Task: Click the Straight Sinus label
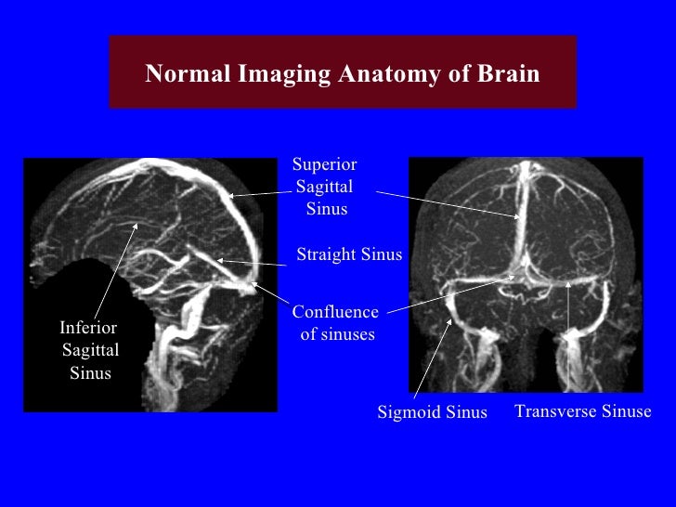point(349,255)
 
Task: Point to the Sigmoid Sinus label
point(432,413)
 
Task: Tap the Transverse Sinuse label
point(583,411)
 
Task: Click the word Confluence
point(335,313)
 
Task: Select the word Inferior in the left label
point(88,328)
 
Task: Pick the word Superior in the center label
point(324,165)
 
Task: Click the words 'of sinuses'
point(337,334)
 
